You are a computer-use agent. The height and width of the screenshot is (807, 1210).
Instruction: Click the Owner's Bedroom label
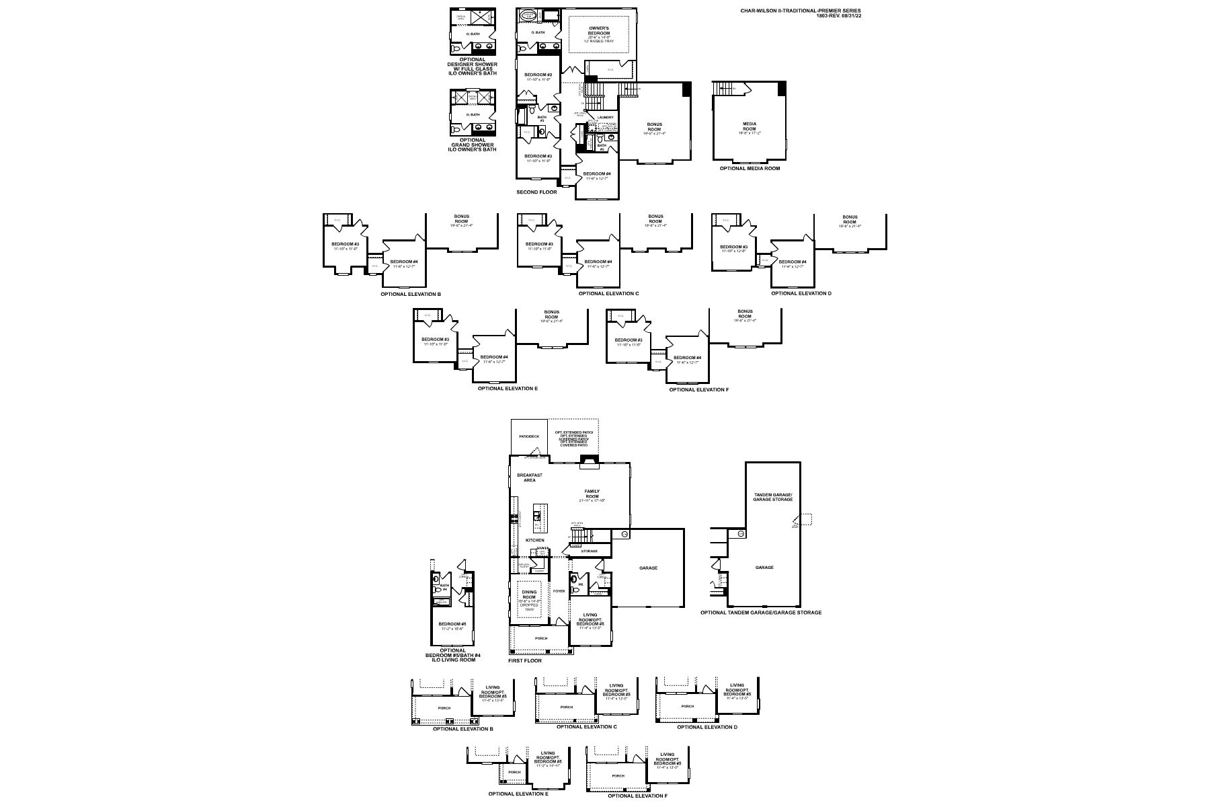599,30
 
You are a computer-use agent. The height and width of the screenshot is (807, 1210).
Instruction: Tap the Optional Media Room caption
750,168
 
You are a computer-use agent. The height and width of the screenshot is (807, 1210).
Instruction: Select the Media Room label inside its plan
750,126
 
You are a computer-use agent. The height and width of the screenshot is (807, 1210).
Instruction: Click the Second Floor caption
536,192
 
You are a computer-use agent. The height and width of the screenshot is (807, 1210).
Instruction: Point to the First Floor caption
524,661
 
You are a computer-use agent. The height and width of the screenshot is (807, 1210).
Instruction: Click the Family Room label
592,494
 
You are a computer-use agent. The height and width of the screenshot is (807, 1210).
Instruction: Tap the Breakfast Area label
530,477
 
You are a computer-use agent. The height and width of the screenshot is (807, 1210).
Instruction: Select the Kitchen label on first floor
534,540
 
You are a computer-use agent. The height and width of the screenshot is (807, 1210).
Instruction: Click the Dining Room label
529,594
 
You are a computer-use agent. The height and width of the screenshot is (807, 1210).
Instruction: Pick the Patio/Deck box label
529,436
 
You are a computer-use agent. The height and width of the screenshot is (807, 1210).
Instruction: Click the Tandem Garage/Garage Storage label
772,497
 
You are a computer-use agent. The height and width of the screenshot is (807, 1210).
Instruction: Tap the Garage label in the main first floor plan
648,568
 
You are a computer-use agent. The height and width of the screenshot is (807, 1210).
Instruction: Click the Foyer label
559,591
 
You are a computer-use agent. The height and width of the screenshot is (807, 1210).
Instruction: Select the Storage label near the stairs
589,551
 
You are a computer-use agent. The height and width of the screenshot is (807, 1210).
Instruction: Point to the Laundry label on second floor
606,118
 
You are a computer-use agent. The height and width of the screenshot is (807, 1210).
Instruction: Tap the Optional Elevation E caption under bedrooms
508,389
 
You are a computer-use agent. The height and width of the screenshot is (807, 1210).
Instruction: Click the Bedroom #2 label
538,75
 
